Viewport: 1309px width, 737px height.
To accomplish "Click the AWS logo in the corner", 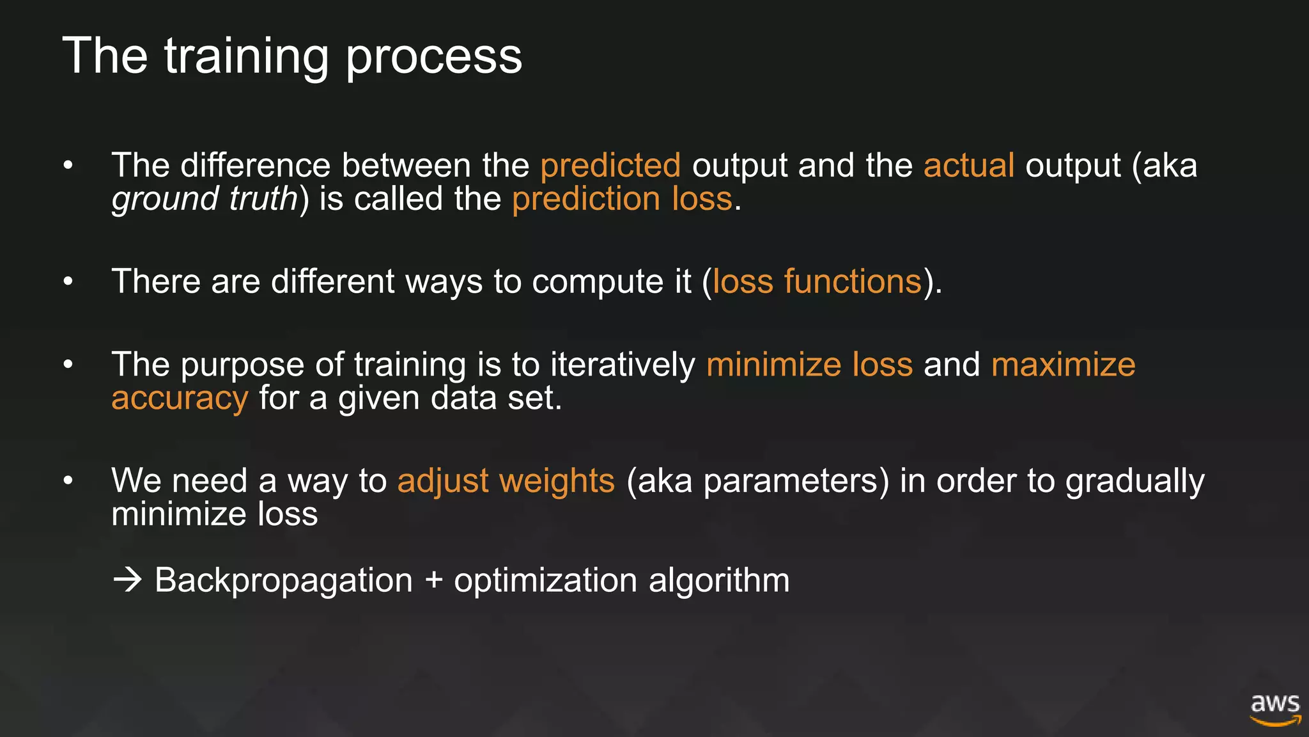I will click(1275, 709).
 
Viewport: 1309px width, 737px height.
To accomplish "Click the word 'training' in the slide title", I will click(246, 56).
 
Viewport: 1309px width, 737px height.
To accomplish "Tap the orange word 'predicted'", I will click(610, 166).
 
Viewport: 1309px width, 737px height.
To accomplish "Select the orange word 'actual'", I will click(969, 166).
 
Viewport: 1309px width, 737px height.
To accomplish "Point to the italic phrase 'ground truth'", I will click(205, 199).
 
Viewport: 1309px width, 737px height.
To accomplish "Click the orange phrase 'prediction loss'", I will click(622, 199).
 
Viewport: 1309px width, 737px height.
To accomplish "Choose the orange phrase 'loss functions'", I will click(817, 281).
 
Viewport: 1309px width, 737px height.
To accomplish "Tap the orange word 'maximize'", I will click(1063, 365).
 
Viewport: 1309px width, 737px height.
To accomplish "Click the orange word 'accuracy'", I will click(180, 399).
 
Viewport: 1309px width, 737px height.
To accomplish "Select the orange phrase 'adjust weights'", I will click(506, 480).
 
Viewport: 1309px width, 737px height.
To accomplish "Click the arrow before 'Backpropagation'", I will click(127, 580).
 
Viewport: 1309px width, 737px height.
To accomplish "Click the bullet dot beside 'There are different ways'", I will click(68, 281).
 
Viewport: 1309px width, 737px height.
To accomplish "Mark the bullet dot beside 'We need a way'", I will click(68, 480).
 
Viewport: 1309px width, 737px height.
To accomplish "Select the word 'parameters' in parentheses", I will click(790, 481).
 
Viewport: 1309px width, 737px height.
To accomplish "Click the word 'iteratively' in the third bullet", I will click(623, 365).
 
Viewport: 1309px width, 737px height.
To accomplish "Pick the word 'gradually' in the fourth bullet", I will click(1135, 481).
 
